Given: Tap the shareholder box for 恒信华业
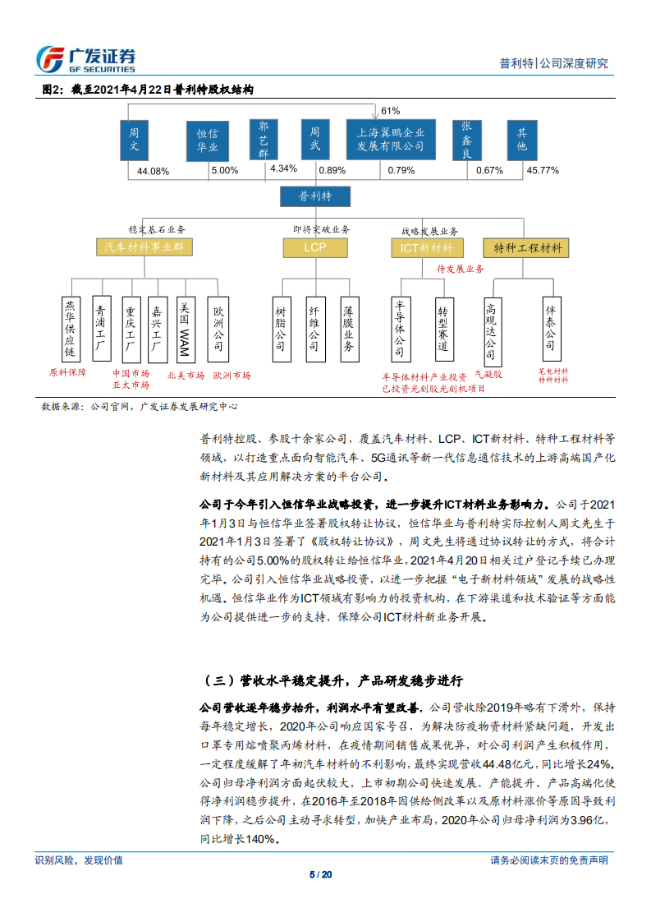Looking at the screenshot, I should pyautogui.click(x=207, y=140).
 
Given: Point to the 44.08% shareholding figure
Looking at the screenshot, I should pyautogui.click(x=153, y=171).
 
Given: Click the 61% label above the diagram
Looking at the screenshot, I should pyautogui.click(x=390, y=111).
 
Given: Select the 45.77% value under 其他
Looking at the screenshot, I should pyautogui.click(x=543, y=170).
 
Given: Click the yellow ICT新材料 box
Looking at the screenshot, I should pyautogui.click(x=427, y=247).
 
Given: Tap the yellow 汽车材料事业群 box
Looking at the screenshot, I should pyautogui.click(x=144, y=247).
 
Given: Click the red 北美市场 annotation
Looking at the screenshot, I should pyautogui.click(x=186, y=375).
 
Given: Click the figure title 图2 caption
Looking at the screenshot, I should pyautogui.click(x=147, y=89).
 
